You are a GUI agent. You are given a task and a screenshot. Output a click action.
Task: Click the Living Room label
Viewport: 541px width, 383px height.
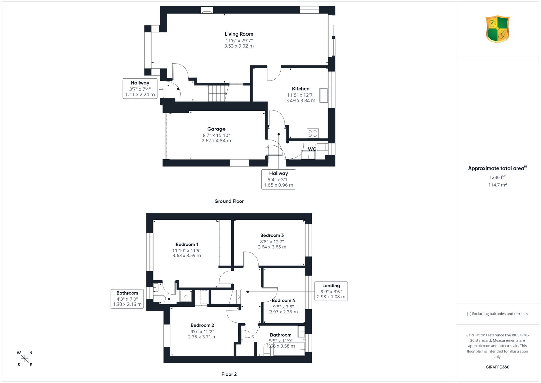[239, 34]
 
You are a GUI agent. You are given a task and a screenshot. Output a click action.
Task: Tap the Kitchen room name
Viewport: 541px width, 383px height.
[301, 89]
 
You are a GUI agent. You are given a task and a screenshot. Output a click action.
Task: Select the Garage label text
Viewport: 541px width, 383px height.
[216, 129]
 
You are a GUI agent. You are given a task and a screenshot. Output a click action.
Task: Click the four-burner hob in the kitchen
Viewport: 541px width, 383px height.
[313, 133]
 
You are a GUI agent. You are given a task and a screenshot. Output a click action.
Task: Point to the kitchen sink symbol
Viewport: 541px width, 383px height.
[324, 95]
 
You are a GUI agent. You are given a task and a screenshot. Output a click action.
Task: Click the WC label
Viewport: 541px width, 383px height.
[312, 149]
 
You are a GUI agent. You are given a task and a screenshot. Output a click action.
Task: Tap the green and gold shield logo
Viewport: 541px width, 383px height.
[497, 29]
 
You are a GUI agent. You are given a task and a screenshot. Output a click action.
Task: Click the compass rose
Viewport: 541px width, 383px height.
[25, 359]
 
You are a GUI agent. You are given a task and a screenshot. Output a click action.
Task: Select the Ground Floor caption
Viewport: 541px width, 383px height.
[229, 201]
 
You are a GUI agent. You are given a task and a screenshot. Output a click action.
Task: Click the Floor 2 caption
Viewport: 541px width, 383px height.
[229, 374]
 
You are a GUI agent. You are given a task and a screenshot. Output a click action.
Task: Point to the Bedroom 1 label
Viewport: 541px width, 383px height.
[187, 244]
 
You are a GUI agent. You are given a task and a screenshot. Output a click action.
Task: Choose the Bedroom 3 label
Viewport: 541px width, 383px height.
[272, 235]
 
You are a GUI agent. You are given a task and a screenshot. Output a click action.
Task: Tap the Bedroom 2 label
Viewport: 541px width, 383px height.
[202, 325]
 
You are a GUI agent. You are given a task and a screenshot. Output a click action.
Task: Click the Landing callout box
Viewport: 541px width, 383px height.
[331, 291]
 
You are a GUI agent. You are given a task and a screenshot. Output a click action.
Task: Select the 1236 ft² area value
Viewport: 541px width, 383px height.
[497, 177]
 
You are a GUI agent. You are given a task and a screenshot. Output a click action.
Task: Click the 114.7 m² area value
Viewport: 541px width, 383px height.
[497, 185]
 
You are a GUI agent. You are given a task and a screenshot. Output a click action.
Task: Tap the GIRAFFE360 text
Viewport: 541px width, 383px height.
[497, 367]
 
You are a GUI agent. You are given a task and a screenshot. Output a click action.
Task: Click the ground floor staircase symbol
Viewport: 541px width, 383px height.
[218, 93]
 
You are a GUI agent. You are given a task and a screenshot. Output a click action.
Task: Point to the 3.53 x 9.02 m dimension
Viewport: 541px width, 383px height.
[239, 46]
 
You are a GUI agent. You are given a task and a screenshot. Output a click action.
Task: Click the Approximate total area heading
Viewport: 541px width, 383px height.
[497, 168]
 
